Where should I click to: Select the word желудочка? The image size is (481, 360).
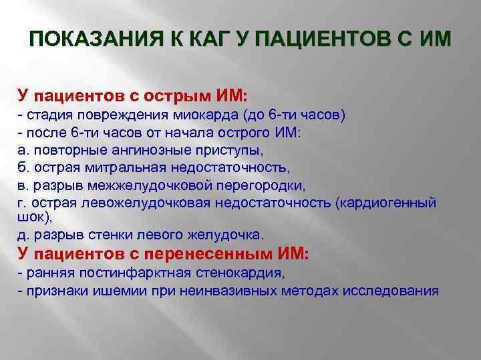click(232, 235)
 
